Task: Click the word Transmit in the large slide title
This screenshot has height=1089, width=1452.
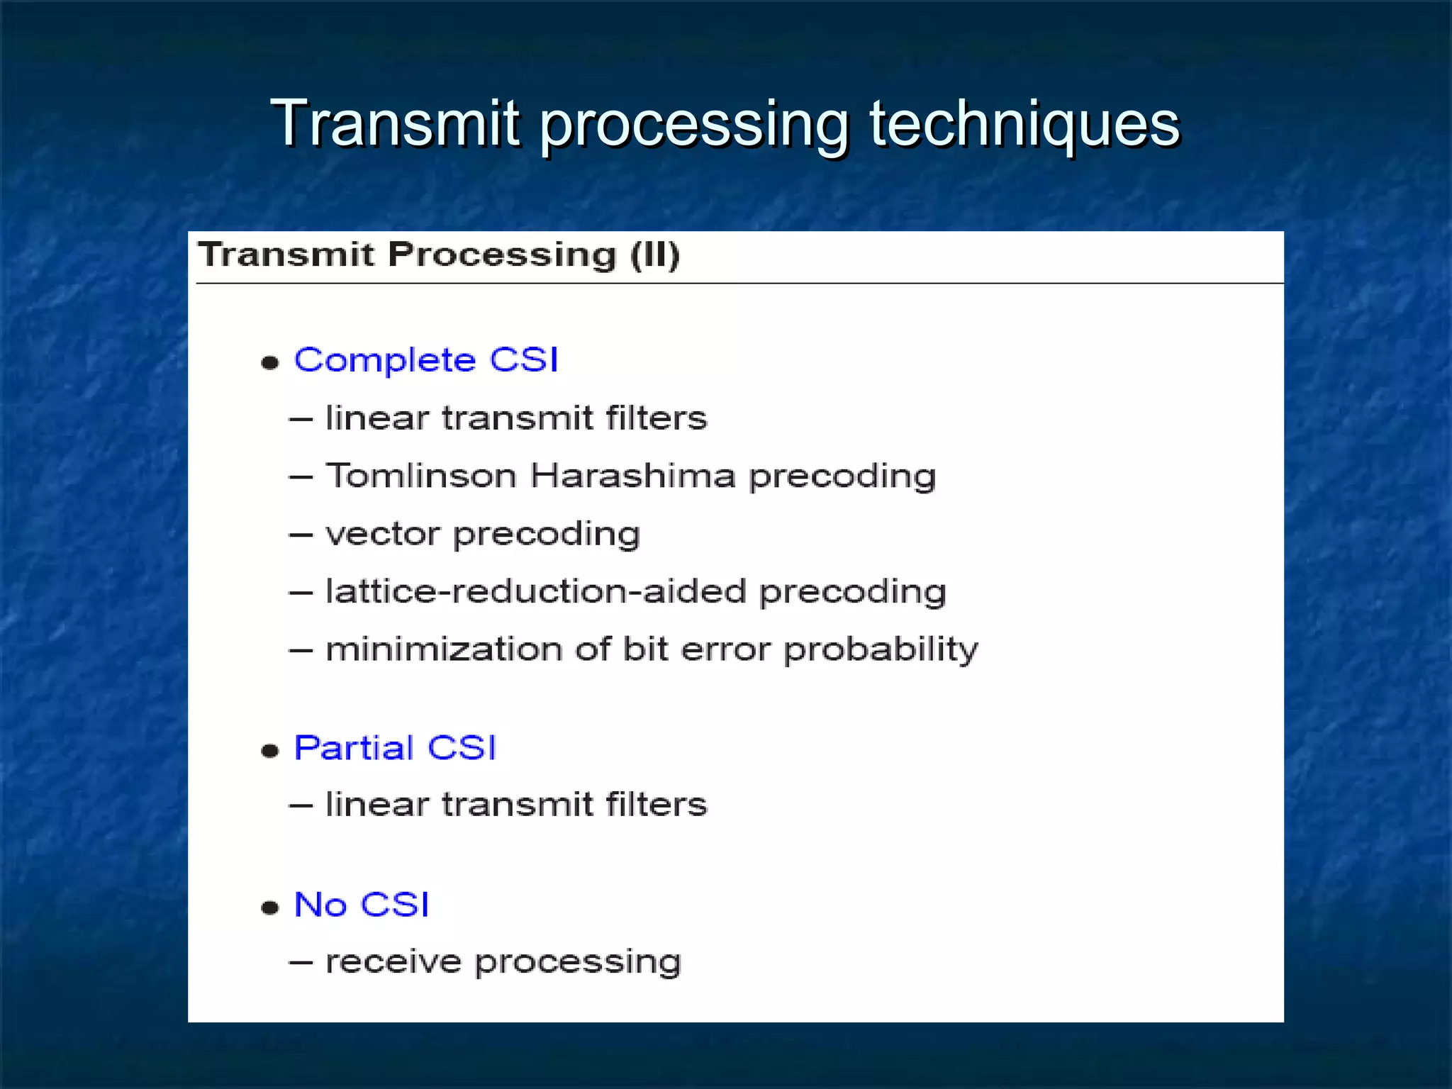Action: pos(395,124)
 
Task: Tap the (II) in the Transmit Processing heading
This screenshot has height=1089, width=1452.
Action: pos(654,254)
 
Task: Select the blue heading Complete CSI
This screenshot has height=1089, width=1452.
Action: pos(426,359)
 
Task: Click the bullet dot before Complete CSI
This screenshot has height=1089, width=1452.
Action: pos(270,363)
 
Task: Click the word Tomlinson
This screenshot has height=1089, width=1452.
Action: pos(420,475)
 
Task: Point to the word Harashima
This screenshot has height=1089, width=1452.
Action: pos(632,475)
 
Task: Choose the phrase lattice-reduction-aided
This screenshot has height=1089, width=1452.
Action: pos(535,591)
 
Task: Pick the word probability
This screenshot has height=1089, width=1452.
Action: pos(881,650)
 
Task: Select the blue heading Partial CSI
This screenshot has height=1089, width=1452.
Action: pos(395,747)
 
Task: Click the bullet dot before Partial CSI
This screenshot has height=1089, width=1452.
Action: pos(270,751)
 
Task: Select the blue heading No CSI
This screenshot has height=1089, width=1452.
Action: pos(362,904)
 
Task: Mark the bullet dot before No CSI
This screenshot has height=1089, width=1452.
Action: pos(270,907)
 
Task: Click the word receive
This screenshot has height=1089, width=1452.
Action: pos(393,962)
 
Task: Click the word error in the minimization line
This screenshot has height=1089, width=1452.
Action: pos(725,650)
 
